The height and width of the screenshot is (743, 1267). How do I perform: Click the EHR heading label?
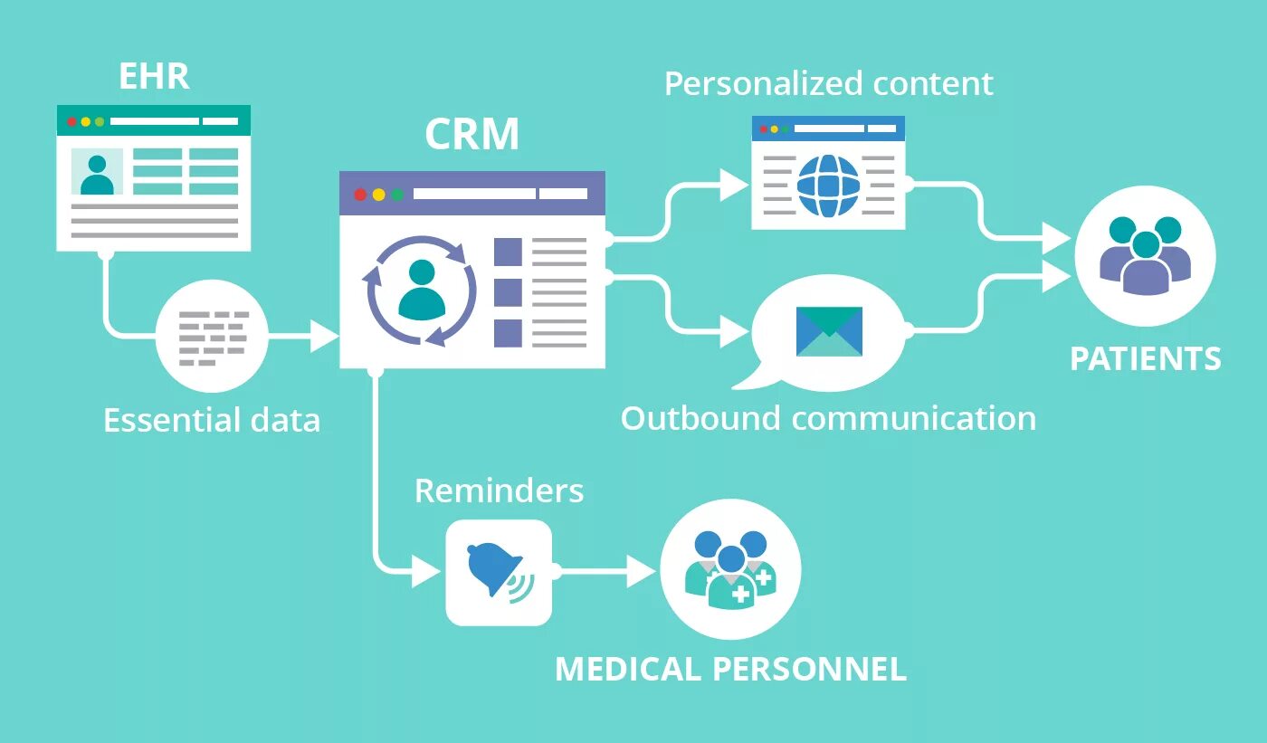point(154,77)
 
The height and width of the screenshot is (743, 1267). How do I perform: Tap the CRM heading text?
point(472,135)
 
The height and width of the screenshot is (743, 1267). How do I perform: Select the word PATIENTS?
point(1145,359)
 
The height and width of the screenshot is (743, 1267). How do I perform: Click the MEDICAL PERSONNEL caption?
point(730,669)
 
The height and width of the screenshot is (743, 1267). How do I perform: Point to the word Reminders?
point(499,491)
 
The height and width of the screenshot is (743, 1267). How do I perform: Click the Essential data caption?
point(212,421)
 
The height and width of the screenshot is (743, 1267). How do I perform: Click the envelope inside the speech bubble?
point(829,331)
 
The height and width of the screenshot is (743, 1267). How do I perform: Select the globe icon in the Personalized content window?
point(828,186)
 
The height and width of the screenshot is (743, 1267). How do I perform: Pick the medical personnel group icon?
point(730,569)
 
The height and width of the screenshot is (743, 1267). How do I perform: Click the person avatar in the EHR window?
point(97,173)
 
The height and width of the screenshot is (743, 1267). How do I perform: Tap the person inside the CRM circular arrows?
point(422,289)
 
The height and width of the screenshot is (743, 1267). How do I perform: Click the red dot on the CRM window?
point(360,194)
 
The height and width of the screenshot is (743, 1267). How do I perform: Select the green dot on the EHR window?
point(100,121)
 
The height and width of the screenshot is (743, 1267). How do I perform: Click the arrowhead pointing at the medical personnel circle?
point(642,572)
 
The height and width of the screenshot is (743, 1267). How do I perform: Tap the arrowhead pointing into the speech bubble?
point(734,331)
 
